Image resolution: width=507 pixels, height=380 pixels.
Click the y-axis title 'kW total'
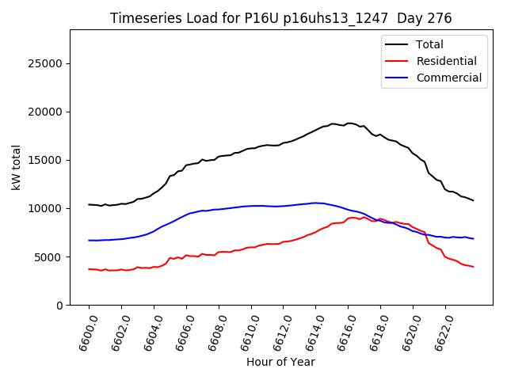tap(16, 167)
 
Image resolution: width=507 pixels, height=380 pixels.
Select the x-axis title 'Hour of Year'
tap(280, 362)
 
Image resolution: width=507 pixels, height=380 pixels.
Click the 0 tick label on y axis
tap(60, 305)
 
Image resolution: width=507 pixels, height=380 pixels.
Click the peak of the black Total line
tap(349, 123)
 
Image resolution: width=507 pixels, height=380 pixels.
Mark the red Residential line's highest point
tap(353, 217)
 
